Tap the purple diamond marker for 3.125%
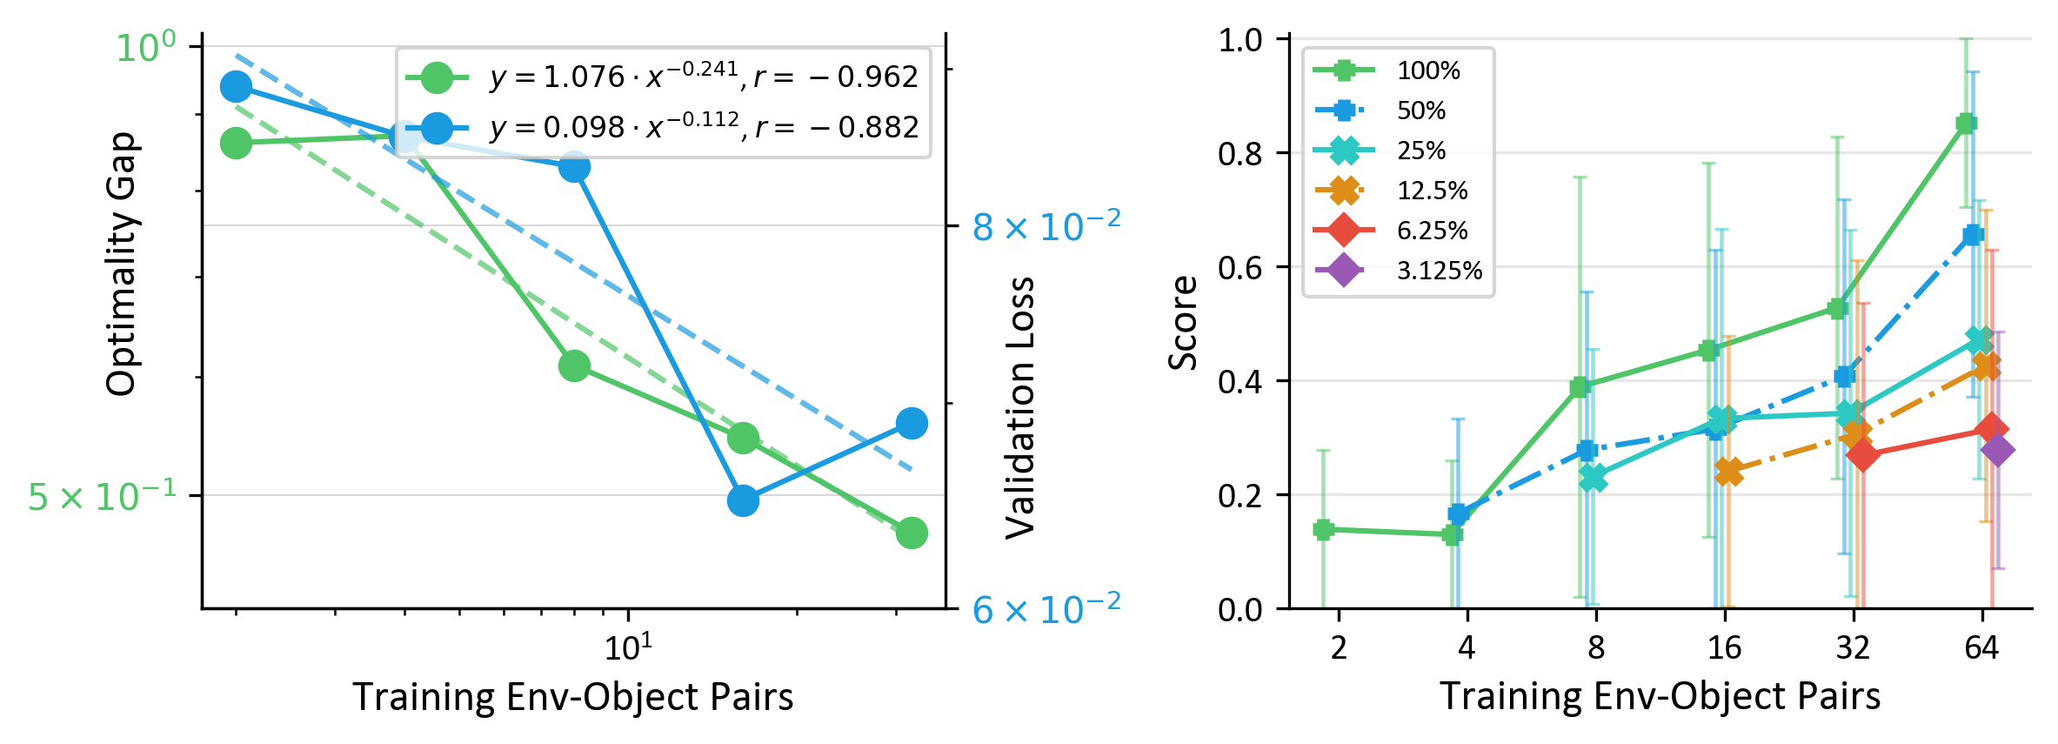point(1997,450)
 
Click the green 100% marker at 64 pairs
point(1966,124)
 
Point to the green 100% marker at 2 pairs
point(1323,529)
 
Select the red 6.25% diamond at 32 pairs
point(1862,454)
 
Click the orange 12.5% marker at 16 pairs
point(1728,473)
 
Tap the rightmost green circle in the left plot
point(911,533)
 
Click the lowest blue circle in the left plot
point(743,500)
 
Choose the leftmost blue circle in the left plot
point(236,87)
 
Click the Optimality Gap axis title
point(121,265)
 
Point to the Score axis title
point(1183,323)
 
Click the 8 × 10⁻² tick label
point(1046,227)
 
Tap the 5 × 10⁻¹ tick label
point(102,496)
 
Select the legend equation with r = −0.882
point(704,127)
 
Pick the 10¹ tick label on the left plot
point(628,647)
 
